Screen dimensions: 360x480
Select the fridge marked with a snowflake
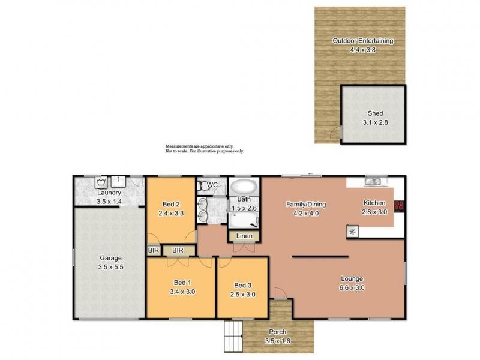point(352,231)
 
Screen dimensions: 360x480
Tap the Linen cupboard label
point(244,236)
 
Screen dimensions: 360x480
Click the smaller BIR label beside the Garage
point(152,250)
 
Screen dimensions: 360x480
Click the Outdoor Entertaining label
point(363,41)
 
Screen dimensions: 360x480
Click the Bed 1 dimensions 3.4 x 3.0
point(181,292)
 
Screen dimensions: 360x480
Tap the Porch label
point(277,332)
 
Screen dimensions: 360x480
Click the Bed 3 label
point(242,285)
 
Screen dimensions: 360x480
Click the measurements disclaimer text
point(205,149)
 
